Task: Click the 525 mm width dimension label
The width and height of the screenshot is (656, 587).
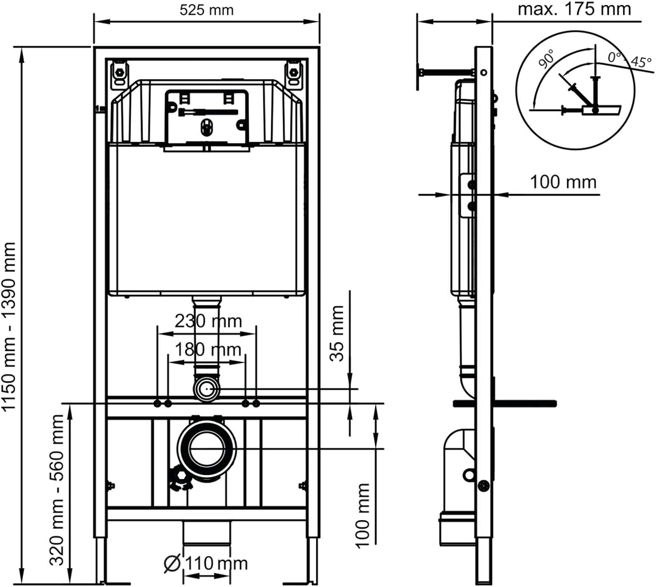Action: point(206,10)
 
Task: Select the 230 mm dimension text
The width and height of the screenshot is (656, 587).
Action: point(208,321)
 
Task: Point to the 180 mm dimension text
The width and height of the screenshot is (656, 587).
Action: point(208,349)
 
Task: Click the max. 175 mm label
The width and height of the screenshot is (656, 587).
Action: point(574,9)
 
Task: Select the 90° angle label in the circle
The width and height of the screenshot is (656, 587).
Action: point(547,67)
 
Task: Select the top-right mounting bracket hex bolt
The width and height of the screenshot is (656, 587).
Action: point(294,72)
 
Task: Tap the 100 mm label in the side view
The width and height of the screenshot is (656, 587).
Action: point(563,182)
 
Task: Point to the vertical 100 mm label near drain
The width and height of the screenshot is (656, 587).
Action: point(363,515)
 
